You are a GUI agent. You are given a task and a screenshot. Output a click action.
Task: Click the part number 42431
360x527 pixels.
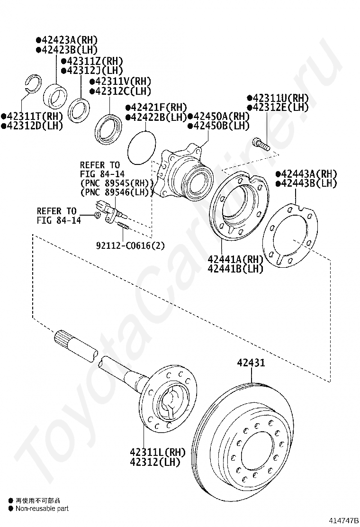tap(251, 363)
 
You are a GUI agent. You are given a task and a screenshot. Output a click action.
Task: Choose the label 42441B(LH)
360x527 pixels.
tap(235, 269)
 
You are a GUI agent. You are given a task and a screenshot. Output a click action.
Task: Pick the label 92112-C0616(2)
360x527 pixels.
tap(131, 245)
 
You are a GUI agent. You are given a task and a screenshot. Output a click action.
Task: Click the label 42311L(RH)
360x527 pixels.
tap(158, 452)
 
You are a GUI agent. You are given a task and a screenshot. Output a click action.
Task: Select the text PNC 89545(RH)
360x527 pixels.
tap(117, 183)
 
